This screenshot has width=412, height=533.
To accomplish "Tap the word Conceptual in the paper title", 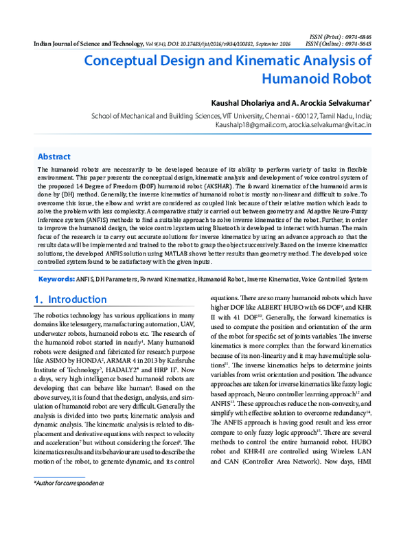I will click(126, 60).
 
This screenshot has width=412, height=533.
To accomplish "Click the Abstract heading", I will click(54, 157).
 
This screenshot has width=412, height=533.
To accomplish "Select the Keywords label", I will click(56, 299).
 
